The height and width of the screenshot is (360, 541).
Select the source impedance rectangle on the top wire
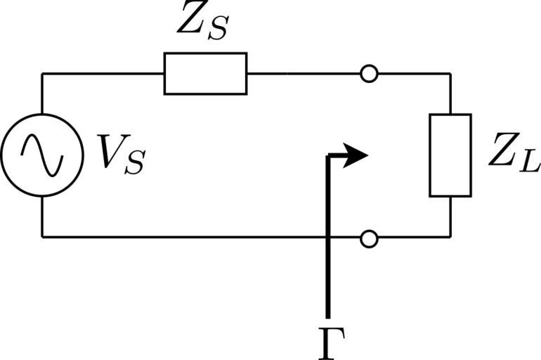click(x=205, y=73)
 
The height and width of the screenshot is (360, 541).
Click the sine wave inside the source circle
click(x=41, y=155)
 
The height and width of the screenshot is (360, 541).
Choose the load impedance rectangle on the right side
click(x=450, y=155)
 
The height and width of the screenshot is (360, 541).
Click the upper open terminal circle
click(x=368, y=73)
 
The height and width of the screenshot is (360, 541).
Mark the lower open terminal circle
click(x=368, y=238)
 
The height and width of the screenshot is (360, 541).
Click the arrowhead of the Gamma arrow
click(x=358, y=155)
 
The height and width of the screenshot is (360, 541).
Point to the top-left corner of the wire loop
click(x=42, y=73)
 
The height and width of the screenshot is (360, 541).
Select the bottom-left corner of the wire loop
click(x=42, y=237)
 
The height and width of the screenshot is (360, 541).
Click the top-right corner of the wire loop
click(x=450, y=73)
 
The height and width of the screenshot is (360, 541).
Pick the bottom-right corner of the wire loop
click(x=450, y=238)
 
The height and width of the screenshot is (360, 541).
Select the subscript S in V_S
click(x=133, y=162)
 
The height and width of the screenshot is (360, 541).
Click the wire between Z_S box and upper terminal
click(x=302, y=73)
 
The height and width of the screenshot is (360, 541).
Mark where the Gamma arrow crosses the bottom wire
click(x=328, y=238)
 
